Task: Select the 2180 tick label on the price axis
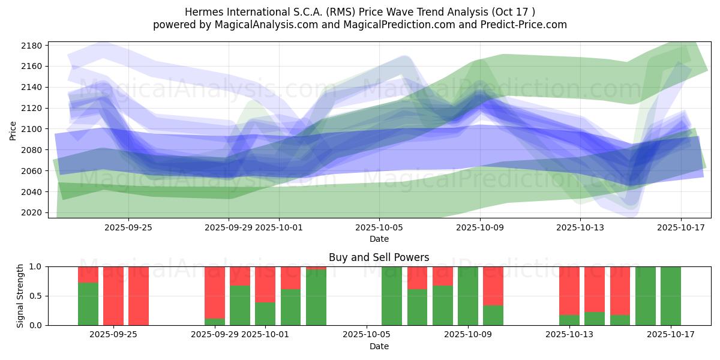(31, 46)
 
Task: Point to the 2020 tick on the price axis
(31, 212)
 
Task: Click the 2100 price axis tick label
(31, 129)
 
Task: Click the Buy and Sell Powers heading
(379, 257)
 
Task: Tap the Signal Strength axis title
(20, 296)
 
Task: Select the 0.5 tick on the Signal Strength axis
(35, 296)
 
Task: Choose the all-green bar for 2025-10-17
(671, 296)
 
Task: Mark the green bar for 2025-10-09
(468, 296)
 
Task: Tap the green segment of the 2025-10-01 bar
(265, 313)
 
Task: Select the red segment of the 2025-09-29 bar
(215, 291)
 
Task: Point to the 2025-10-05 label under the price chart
(379, 227)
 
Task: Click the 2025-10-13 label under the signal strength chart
(569, 334)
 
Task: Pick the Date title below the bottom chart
(379, 346)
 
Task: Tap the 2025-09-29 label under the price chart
(229, 227)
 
